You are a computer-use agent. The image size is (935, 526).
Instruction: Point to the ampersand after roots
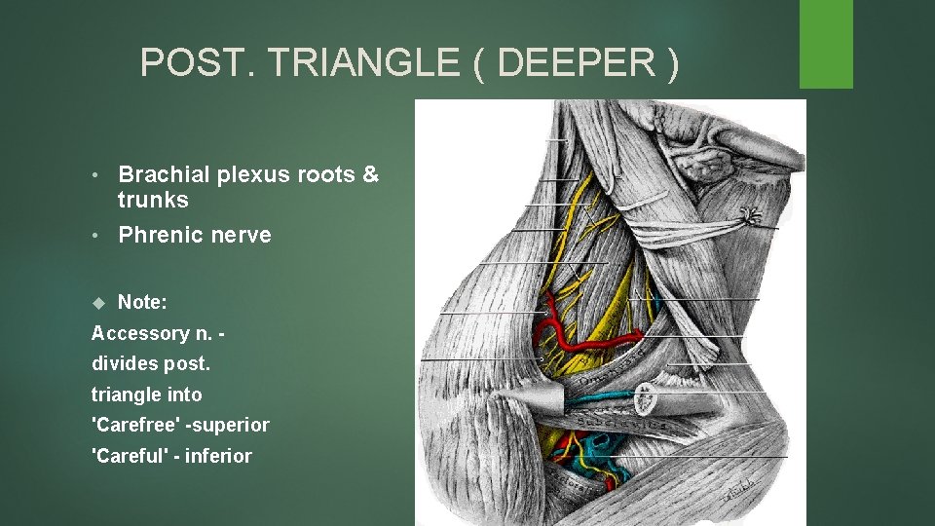click(370, 174)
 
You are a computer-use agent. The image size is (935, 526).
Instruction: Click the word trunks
click(153, 201)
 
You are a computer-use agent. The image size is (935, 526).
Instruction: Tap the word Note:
click(143, 303)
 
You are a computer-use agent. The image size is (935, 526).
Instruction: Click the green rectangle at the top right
click(826, 44)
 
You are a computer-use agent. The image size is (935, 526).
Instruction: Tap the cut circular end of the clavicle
click(644, 397)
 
